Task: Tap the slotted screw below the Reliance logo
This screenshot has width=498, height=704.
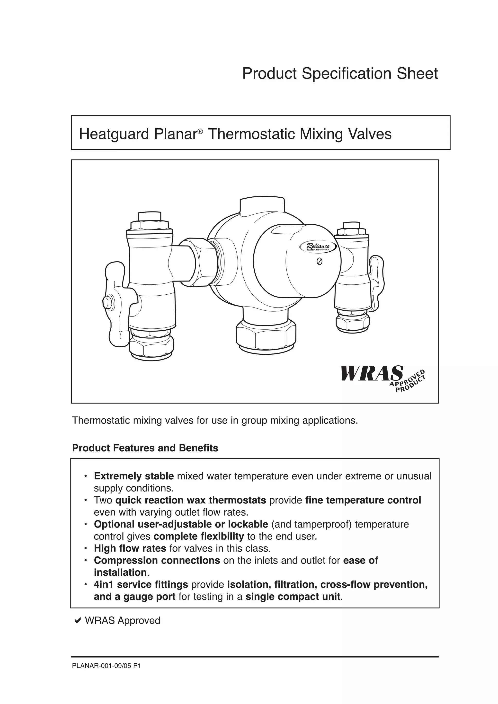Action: (320, 262)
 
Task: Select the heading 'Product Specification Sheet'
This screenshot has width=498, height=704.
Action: (340, 74)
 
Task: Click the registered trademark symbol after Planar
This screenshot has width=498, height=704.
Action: (200, 131)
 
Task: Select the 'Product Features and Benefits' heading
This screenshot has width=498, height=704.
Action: (145, 448)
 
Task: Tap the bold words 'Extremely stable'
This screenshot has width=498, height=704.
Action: (134, 476)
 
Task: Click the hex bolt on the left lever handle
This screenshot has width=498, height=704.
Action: (108, 302)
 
